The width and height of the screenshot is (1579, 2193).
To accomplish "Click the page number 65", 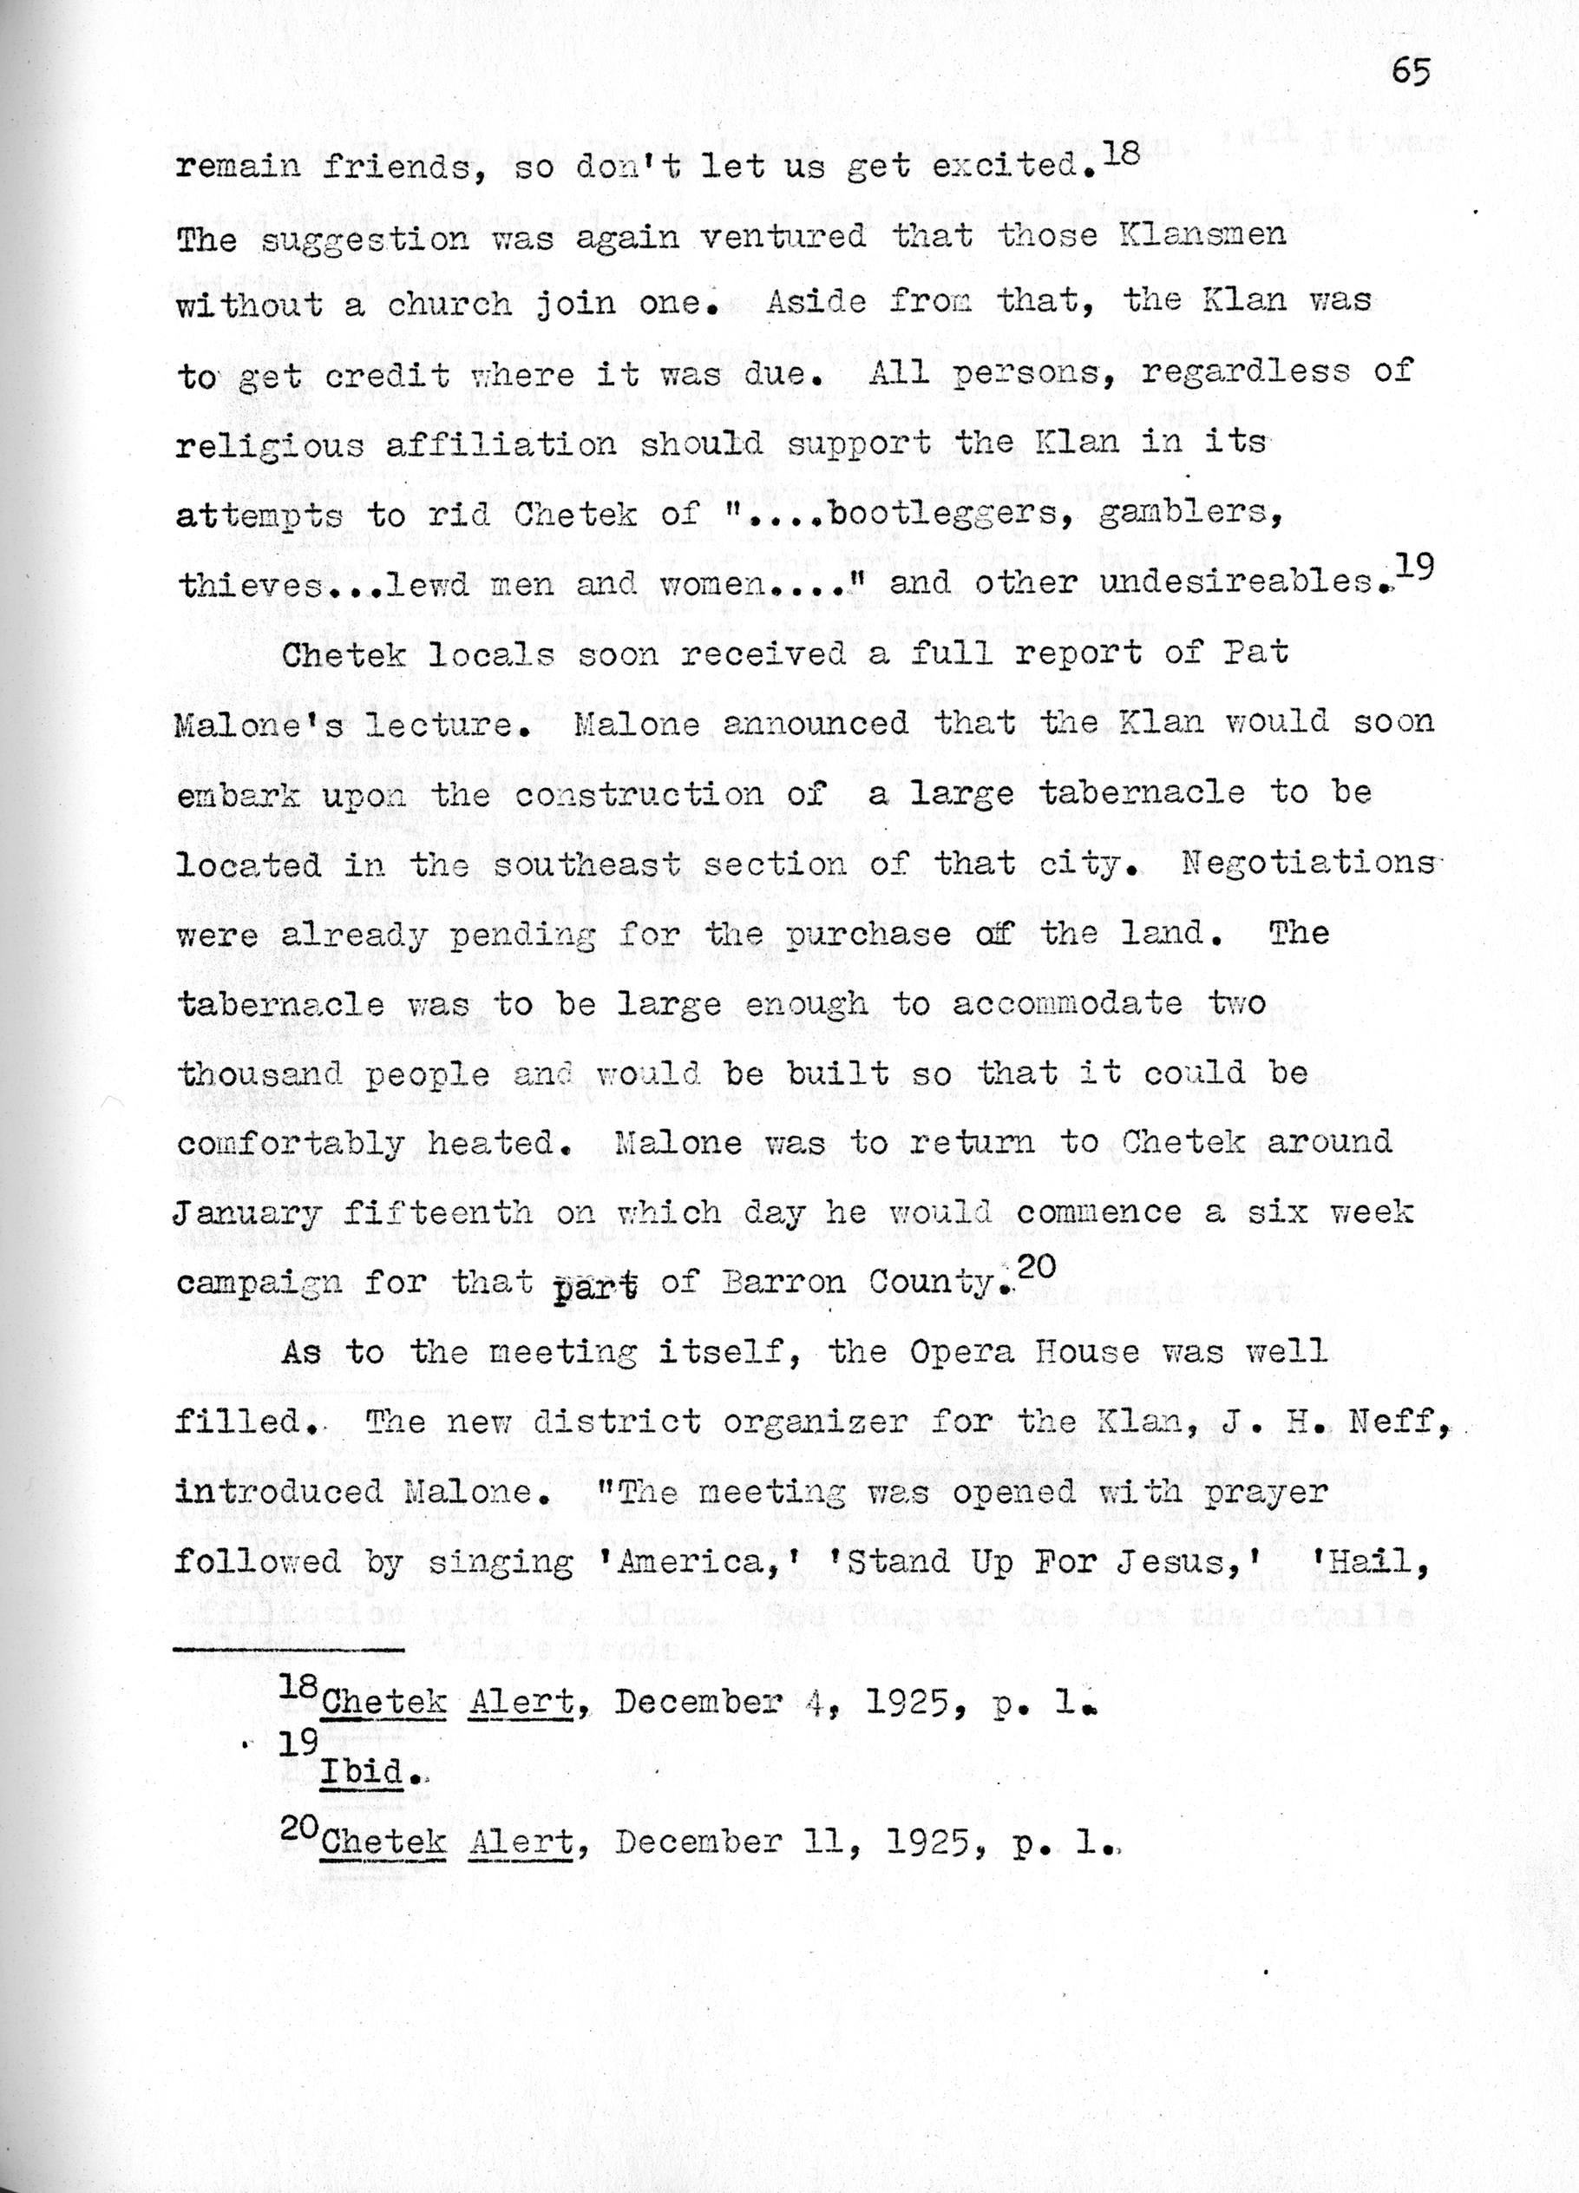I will pos(1411,73).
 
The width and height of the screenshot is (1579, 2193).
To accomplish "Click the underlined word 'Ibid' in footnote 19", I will pos(362,1773).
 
